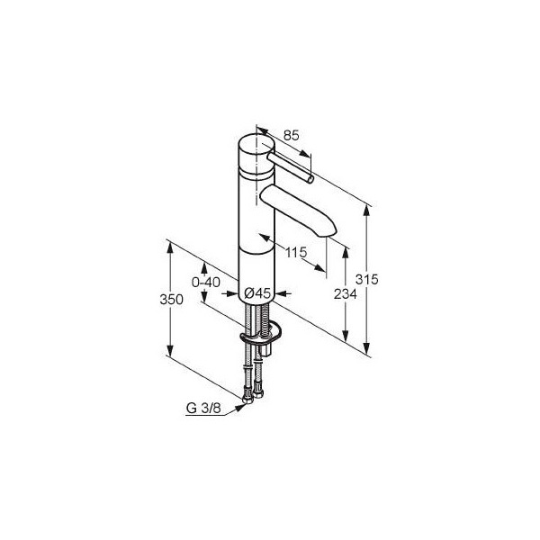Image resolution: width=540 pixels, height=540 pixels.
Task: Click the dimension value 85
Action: click(292, 136)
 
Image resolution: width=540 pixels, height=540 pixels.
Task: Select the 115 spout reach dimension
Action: click(296, 252)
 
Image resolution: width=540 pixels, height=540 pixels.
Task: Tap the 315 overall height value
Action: click(367, 279)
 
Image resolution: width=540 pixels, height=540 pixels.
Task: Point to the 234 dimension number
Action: click(345, 294)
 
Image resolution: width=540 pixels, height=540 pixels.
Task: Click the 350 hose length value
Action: click(172, 300)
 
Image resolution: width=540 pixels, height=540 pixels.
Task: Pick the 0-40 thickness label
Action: click(205, 283)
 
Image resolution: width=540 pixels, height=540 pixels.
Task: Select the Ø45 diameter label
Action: click(257, 293)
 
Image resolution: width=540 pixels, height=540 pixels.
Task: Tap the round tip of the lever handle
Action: click(310, 179)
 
